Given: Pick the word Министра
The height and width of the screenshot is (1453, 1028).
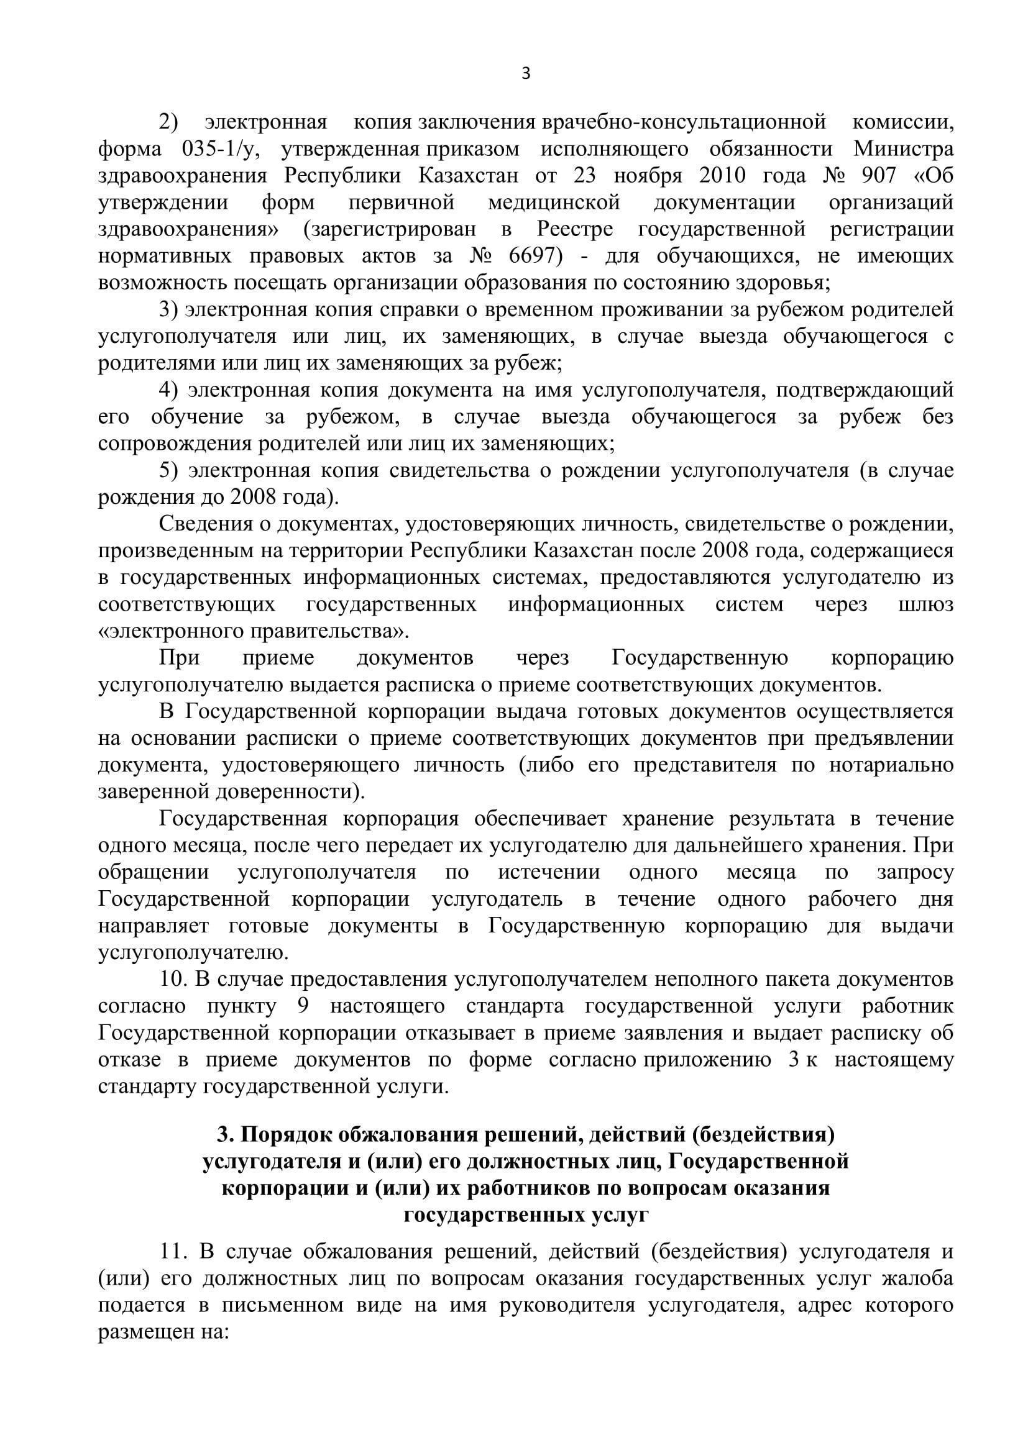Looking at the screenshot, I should tap(902, 149).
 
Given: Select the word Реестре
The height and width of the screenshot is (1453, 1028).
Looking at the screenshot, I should tap(576, 229).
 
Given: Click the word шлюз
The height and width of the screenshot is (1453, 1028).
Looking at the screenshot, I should tap(925, 604).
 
